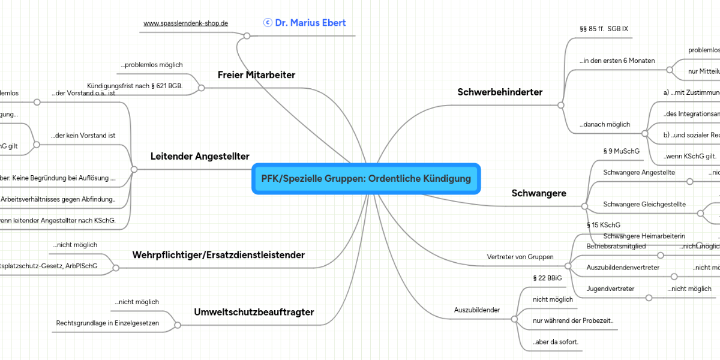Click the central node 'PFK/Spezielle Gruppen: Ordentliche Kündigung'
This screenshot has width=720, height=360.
tap(366, 179)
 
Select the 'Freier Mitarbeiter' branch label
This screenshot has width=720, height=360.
tap(256, 75)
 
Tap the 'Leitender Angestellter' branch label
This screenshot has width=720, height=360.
tap(200, 157)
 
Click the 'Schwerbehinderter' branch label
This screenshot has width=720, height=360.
tap(500, 92)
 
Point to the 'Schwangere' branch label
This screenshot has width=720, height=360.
tap(539, 193)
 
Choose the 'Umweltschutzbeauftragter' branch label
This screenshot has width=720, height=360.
tap(254, 312)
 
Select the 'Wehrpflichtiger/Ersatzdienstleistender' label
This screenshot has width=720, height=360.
tap(218, 255)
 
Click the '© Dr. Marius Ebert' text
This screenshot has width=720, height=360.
tap(304, 23)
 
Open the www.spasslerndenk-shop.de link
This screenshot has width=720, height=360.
tap(186, 23)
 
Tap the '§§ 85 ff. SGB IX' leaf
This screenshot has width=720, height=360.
tap(604, 29)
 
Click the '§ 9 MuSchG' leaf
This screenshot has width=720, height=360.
tap(620, 152)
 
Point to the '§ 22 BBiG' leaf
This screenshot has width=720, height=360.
tap(547, 278)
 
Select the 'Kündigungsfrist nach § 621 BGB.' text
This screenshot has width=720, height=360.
tap(135, 86)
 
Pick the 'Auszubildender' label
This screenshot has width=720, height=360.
tap(477, 310)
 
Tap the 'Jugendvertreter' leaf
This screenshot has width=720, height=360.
tap(610, 289)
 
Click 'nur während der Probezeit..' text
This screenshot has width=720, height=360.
tap(573, 320)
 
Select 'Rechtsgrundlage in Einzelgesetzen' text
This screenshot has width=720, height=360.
tap(107, 323)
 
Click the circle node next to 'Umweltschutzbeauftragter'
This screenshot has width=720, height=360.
tap(178, 325)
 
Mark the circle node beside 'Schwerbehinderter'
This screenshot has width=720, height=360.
tap(560, 105)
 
